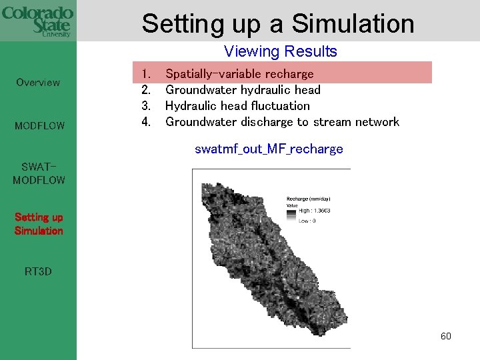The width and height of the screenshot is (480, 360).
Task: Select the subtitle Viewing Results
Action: tap(281, 51)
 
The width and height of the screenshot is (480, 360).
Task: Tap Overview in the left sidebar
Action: tap(38, 83)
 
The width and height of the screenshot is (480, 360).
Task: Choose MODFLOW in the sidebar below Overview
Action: tap(38, 125)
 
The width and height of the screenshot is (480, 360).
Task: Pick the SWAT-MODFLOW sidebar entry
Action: tap(39, 173)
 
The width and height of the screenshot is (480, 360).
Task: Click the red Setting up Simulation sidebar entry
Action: tap(39, 224)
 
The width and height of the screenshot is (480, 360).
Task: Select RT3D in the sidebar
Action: tap(38, 271)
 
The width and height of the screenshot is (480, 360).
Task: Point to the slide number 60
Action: tap(446, 336)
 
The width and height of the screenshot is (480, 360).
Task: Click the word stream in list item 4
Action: tap(333, 122)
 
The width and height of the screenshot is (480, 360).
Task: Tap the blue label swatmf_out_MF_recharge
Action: tap(269, 149)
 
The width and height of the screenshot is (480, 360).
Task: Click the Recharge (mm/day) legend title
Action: tap(308, 199)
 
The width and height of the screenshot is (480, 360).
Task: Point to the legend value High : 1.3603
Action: tap(314, 211)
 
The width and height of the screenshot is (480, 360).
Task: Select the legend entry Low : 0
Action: tap(307, 220)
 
